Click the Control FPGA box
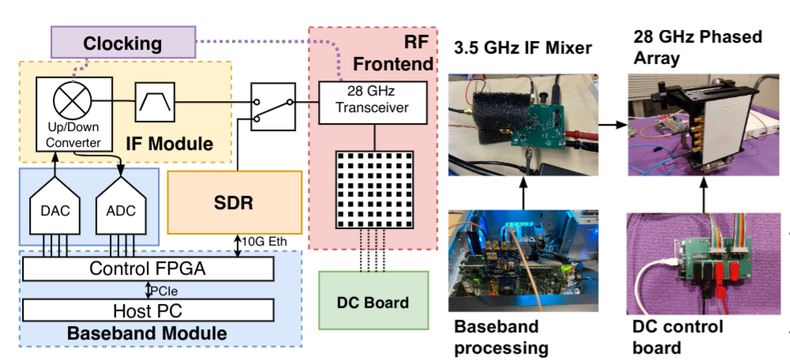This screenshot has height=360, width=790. (x=148, y=269)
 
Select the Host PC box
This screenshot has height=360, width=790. (x=148, y=308)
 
